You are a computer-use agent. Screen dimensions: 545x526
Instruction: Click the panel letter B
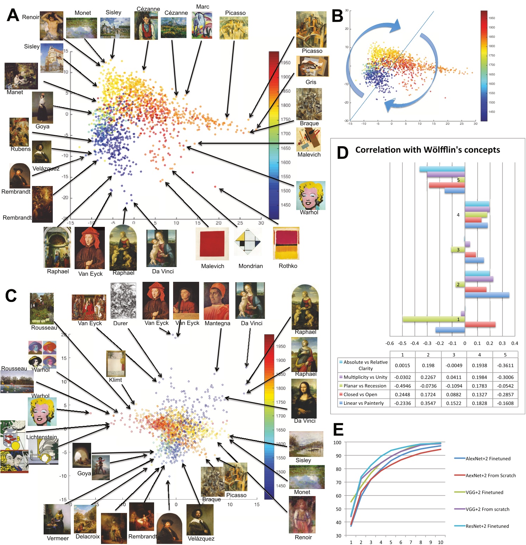[337, 16]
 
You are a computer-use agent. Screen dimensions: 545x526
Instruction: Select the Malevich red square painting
[212, 243]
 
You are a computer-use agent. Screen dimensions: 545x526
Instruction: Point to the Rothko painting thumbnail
[286, 243]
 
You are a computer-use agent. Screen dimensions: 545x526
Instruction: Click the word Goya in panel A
[43, 126]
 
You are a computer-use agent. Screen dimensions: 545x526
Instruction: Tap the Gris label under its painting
[311, 82]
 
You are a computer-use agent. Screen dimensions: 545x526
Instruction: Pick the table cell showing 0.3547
[428, 403]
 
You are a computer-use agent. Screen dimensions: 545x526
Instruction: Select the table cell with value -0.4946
[403, 386]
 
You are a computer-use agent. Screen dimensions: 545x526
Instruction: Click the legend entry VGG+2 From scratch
[487, 509]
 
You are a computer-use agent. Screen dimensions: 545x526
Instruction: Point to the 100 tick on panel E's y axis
[337, 442]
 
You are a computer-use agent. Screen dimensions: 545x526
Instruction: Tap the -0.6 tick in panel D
[389, 343]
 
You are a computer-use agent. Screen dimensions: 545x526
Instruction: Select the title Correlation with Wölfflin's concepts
[427, 150]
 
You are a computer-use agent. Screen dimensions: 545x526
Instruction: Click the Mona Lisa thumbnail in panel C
[304, 398]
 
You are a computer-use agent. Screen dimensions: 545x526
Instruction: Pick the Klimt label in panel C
[115, 380]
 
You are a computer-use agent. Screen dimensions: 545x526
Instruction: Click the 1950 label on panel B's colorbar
[492, 18]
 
